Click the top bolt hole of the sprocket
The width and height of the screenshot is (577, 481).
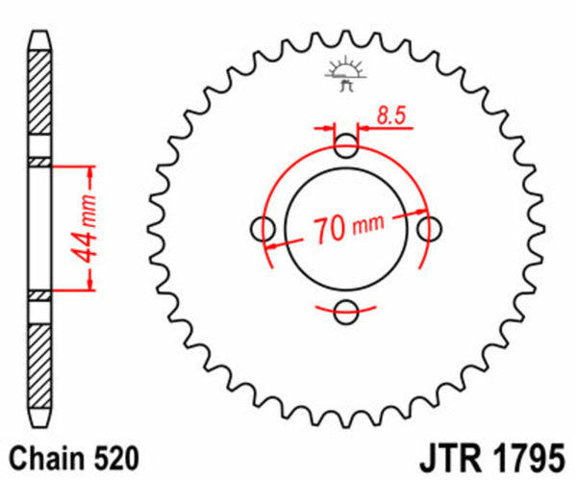point(347,146)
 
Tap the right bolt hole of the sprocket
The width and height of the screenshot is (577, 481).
point(431,229)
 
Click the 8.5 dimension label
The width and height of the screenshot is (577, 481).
point(390,117)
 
